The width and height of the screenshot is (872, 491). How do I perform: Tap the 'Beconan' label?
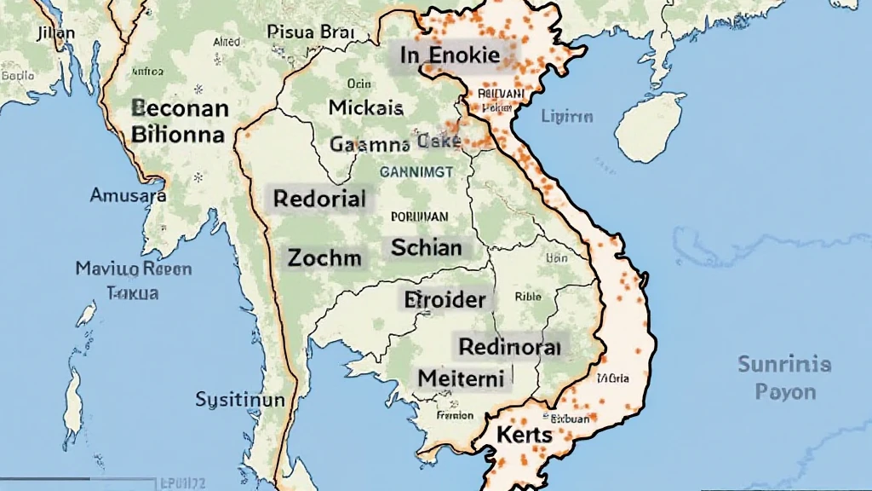click(x=180, y=109)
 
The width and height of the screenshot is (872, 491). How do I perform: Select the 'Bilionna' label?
click(x=178, y=135)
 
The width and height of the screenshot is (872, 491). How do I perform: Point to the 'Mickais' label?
click(x=365, y=108)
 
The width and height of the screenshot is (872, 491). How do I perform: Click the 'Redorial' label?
click(x=319, y=199)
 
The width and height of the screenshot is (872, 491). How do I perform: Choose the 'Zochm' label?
click(x=324, y=257)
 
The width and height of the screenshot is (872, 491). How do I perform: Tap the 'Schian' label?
click(x=427, y=248)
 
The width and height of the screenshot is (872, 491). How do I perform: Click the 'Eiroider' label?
click(x=444, y=299)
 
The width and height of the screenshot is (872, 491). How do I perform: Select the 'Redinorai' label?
click(x=509, y=346)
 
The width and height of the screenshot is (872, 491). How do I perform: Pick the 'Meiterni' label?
click(x=461, y=377)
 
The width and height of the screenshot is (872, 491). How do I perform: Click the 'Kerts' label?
click(x=525, y=434)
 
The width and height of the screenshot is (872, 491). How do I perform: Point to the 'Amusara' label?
click(x=128, y=195)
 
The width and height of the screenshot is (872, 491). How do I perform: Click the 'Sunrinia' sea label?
click(x=783, y=365)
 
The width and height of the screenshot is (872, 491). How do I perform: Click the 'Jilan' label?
click(x=56, y=33)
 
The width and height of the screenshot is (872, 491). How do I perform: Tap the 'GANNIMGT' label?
click(x=416, y=170)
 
